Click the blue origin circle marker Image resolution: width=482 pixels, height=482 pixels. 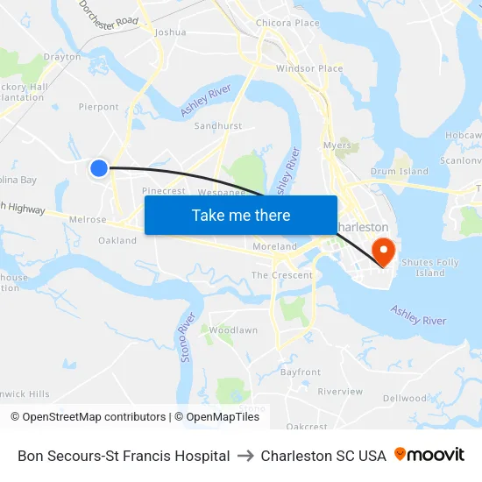(x=99, y=167)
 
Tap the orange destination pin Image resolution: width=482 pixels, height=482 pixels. (x=383, y=251)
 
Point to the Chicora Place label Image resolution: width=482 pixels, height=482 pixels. (x=287, y=23)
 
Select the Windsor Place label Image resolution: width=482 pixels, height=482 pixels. (x=309, y=68)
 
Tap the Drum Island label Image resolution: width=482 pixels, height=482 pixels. (x=400, y=172)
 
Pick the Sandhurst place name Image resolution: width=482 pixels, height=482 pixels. (x=217, y=126)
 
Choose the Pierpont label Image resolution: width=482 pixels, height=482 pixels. (x=99, y=107)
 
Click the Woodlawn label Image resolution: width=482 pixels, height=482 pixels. (x=233, y=330)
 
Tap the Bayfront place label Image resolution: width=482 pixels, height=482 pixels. (x=301, y=372)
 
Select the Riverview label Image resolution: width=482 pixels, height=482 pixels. (x=340, y=392)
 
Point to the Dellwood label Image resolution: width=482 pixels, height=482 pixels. (x=405, y=399)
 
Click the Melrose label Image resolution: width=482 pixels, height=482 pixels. (x=88, y=220)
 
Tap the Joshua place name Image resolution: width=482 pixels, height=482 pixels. (x=170, y=32)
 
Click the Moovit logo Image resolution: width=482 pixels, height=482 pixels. (x=429, y=455)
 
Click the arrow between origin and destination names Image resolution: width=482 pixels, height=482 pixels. (x=245, y=456)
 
